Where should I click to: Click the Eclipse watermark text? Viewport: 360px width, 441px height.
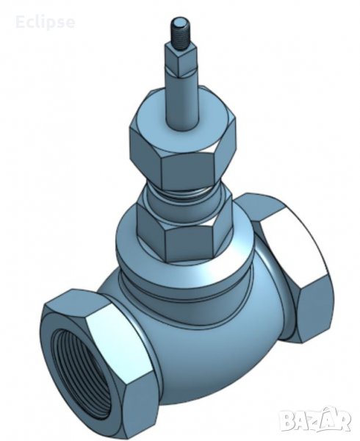[46, 22]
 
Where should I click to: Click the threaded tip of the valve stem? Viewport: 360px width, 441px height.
[179, 34]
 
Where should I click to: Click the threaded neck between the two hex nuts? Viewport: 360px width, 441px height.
[184, 194]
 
